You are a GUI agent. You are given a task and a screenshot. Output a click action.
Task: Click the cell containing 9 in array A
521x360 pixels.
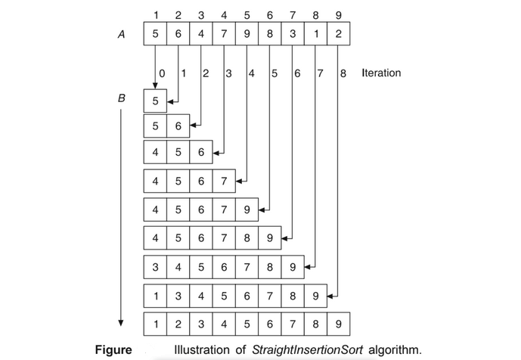coord(247,34)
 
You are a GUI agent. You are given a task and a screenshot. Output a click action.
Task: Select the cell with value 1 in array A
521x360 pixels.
coord(315,34)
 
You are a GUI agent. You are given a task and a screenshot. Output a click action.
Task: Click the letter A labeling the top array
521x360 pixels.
coord(119,34)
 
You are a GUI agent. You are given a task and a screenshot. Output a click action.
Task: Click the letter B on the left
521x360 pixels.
coord(119,98)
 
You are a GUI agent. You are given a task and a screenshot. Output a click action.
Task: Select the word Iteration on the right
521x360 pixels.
coord(381,73)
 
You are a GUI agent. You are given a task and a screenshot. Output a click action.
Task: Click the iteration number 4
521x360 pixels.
coord(252,73)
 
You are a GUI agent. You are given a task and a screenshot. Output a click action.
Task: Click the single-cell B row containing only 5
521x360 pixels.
coord(155,100)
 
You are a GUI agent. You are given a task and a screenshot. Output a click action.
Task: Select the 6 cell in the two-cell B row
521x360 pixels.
coord(178,126)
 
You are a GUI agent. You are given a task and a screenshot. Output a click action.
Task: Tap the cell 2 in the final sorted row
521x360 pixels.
coord(178,324)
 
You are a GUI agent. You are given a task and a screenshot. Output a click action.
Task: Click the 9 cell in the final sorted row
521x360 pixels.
coord(338,324)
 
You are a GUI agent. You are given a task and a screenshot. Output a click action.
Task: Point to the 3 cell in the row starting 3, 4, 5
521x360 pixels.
coord(155,267)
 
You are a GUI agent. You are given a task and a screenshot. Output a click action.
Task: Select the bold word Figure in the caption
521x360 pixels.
coord(113,349)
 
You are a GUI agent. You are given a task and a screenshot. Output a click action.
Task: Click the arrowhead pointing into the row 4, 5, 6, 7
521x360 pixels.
coord(240,182)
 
